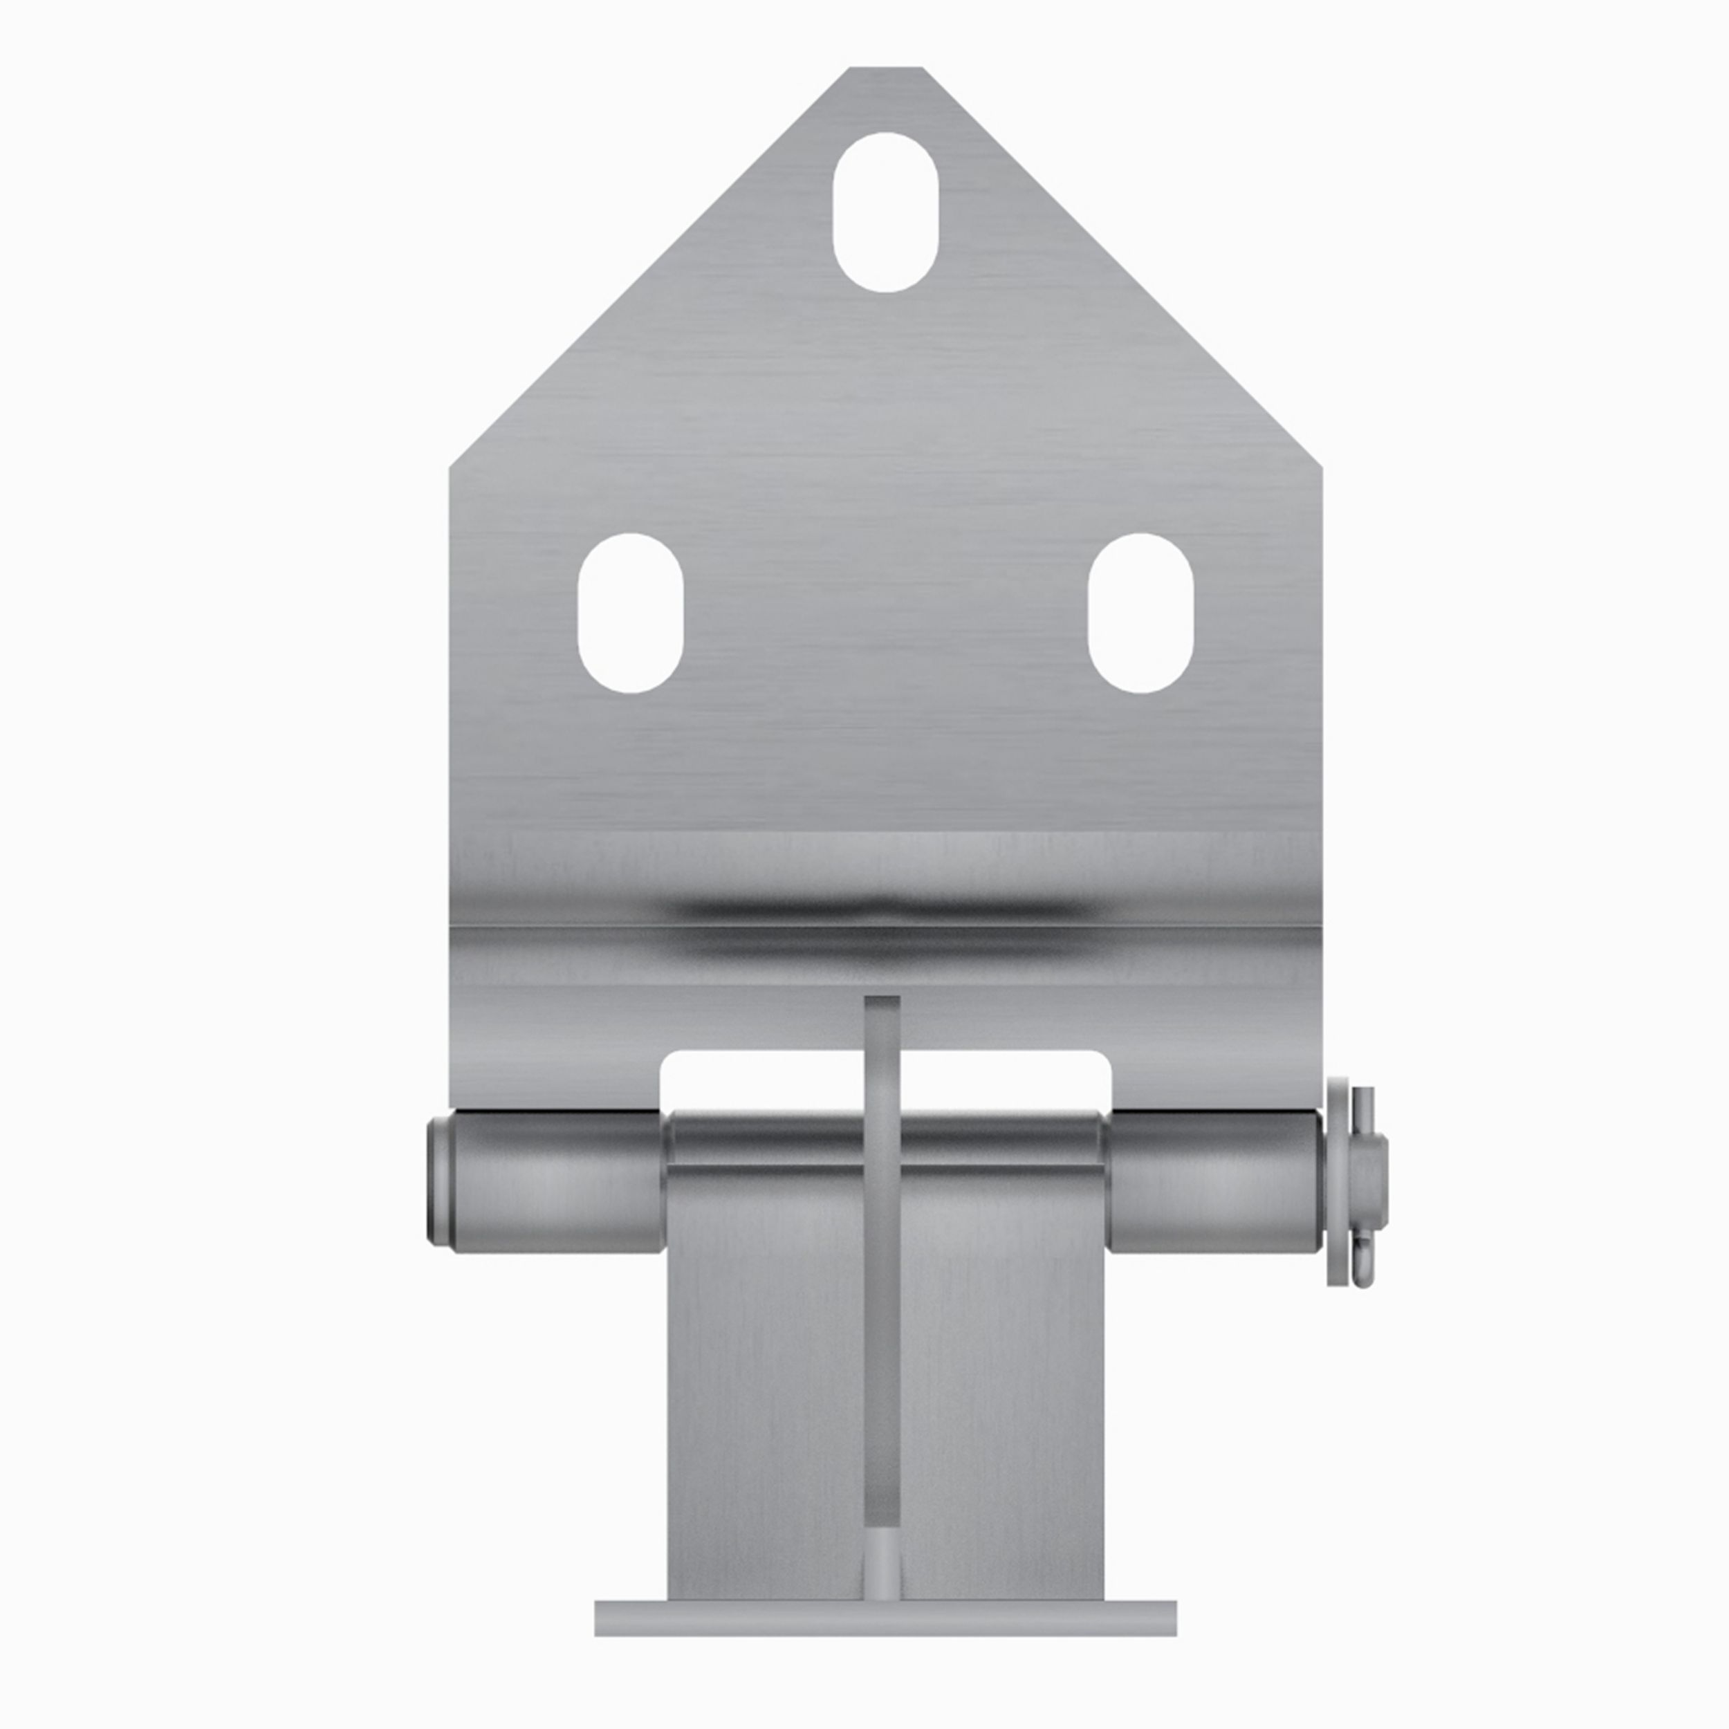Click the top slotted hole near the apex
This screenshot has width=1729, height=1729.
click(885, 212)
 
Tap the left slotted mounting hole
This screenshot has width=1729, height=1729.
click(631, 613)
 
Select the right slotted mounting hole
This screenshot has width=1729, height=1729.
click(1140, 613)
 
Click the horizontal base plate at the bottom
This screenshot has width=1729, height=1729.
click(885, 1618)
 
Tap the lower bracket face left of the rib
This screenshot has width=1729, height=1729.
click(765, 1387)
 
